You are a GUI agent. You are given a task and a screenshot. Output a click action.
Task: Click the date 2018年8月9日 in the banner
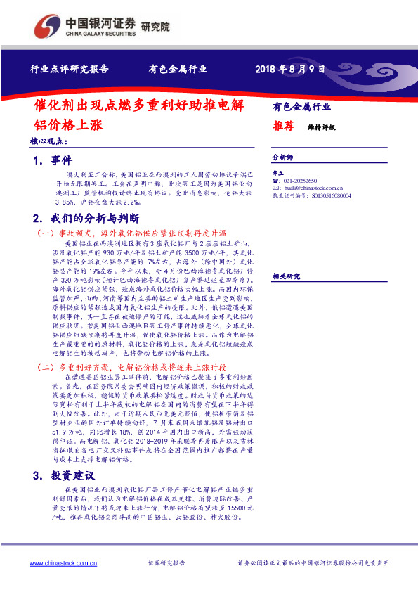point(289,70)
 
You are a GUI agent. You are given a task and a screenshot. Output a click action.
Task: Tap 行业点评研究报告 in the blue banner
point(69,70)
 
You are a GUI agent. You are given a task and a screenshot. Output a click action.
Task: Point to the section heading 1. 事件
point(52,161)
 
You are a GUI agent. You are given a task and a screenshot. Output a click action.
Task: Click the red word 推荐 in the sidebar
point(283,127)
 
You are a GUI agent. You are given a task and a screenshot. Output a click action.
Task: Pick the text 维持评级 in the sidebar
point(321,128)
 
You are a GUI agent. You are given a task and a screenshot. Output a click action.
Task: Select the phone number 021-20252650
point(302,181)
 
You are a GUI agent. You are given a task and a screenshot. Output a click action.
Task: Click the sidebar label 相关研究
point(286,256)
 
